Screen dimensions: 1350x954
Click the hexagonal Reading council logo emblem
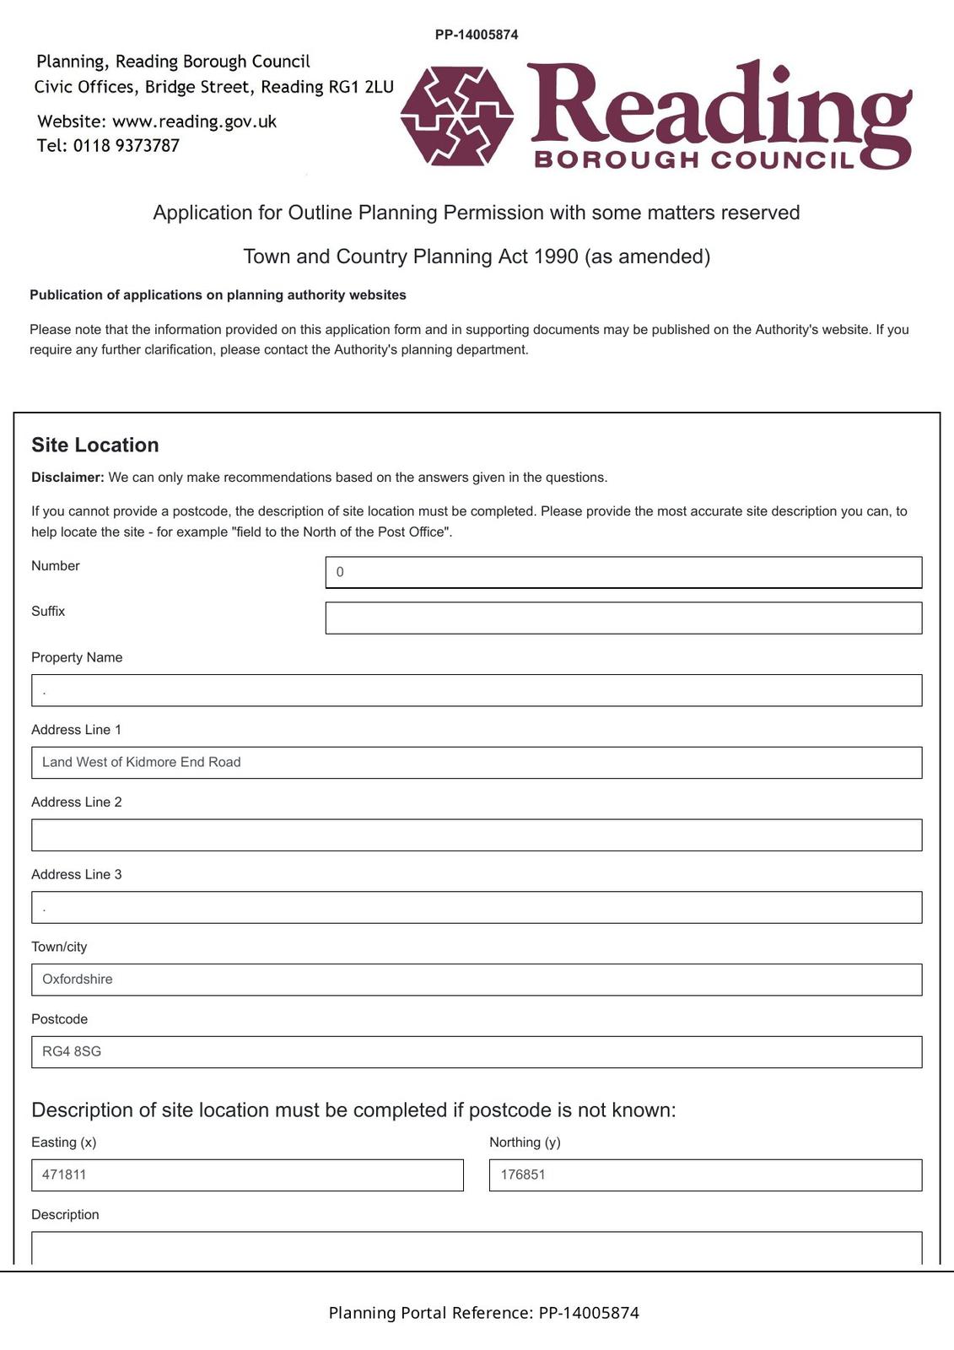(x=457, y=116)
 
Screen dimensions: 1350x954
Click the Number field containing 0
(x=623, y=572)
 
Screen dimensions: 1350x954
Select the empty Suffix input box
(x=623, y=618)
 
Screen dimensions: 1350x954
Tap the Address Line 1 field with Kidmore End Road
(x=477, y=763)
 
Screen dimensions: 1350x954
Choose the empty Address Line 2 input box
(x=477, y=835)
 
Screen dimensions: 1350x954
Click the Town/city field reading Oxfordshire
(x=477, y=980)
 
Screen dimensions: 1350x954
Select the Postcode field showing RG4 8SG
(x=477, y=1052)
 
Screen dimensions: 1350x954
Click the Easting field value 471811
(x=247, y=1175)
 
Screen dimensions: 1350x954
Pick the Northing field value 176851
(x=705, y=1175)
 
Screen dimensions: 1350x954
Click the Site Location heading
(x=95, y=445)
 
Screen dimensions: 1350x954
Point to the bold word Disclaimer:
(x=67, y=478)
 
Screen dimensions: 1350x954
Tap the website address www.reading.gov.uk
(x=194, y=121)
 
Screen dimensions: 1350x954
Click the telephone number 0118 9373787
(x=127, y=146)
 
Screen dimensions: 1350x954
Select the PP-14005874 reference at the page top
(x=477, y=35)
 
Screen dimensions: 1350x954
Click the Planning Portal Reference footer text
(x=483, y=1313)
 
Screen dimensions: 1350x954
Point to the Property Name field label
(x=77, y=657)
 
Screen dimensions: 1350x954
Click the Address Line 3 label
(x=77, y=874)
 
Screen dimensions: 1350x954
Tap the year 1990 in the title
(x=556, y=256)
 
